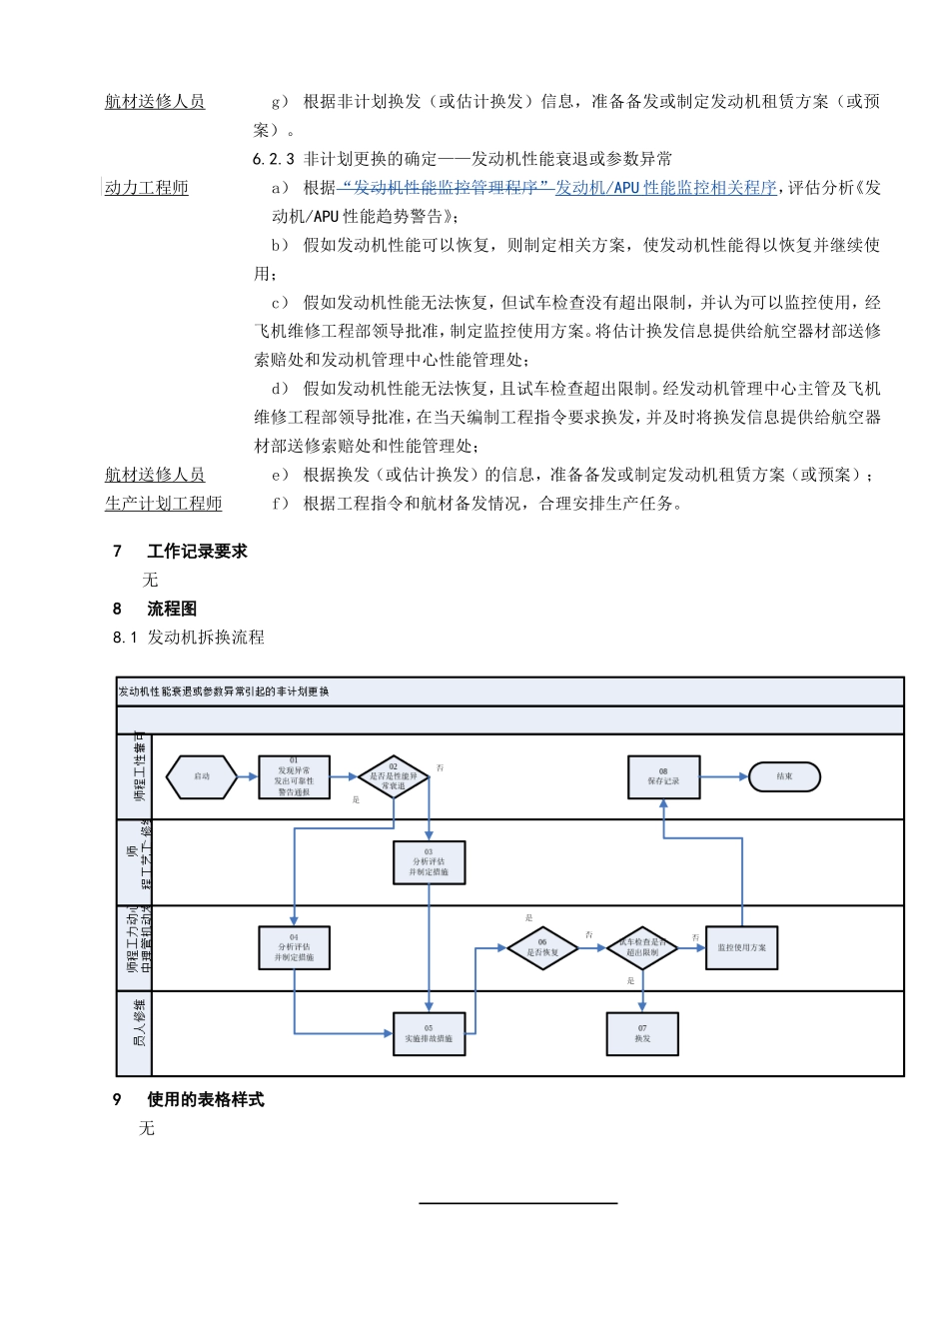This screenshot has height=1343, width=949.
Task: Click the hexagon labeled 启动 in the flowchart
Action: tap(202, 776)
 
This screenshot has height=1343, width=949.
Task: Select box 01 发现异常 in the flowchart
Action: tap(294, 777)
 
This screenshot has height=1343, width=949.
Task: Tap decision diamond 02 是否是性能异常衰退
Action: tap(394, 776)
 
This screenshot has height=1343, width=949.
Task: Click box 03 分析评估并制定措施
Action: tap(429, 862)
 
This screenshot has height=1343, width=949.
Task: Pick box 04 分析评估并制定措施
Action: tap(294, 947)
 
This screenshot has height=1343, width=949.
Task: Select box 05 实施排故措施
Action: tap(429, 1033)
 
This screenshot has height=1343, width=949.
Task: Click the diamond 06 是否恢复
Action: tap(542, 947)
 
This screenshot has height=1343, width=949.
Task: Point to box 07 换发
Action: tap(642, 1033)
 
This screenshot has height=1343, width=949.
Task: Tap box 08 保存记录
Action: tap(663, 776)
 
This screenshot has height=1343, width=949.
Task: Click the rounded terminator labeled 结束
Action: tap(784, 776)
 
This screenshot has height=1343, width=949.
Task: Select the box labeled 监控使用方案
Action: tap(741, 947)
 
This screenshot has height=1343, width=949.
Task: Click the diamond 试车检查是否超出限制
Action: tap(642, 947)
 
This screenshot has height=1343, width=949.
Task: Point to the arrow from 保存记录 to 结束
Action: tap(724, 776)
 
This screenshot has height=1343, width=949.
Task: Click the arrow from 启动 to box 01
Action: tap(248, 776)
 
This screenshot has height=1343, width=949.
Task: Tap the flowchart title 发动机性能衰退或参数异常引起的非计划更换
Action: tap(224, 691)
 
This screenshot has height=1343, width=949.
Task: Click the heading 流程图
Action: tap(172, 609)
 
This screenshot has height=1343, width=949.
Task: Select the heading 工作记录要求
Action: tap(197, 551)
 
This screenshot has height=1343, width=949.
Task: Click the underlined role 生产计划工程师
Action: tap(163, 504)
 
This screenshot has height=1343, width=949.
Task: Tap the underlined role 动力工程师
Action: tap(147, 188)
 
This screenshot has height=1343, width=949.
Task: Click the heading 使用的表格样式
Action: tap(205, 1099)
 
